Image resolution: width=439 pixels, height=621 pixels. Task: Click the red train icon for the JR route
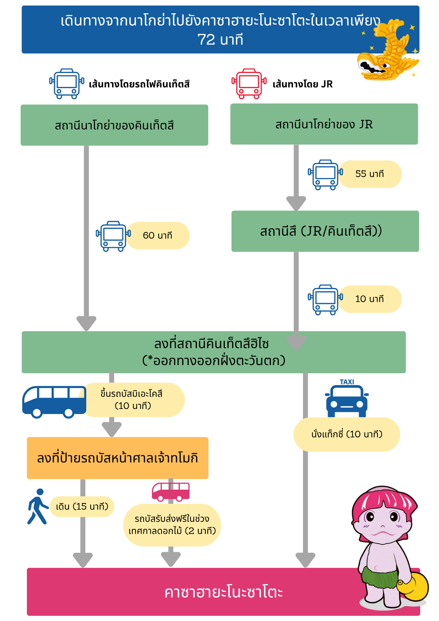pyautogui.click(x=249, y=84)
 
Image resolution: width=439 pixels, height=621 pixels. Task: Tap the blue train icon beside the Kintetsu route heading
pyautogui.click(x=66, y=84)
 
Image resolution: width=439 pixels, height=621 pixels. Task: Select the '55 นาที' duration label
pyautogui.click(x=369, y=174)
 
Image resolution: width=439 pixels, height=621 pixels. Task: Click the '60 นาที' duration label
pyautogui.click(x=157, y=235)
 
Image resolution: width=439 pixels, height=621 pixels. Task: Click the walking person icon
pyautogui.click(x=38, y=506)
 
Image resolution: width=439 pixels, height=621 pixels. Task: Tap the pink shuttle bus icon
pyautogui.click(x=171, y=492)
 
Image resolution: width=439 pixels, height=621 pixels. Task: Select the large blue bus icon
pyautogui.click(x=54, y=402)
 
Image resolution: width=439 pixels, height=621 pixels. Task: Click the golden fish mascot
pyautogui.click(x=388, y=50)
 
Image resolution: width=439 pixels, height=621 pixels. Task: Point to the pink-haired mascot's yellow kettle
pyautogui.click(x=413, y=587)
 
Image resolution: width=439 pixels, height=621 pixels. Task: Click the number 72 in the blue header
pyautogui.click(x=206, y=39)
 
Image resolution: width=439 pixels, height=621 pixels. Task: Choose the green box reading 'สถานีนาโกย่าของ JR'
pyautogui.click(x=324, y=124)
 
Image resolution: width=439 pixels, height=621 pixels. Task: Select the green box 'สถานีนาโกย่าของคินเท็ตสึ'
pyautogui.click(x=114, y=125)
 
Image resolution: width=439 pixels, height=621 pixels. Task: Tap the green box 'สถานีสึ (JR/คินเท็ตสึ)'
pyautogui.click(x=325, y=231)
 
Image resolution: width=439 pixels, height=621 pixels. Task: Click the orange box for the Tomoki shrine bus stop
pyautogui.click(x=118, y=458)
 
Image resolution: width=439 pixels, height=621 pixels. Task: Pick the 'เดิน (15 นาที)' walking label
pyautogui.click(x=82, y=507)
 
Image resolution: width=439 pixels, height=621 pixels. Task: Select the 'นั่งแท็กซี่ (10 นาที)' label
pyautogui.click(x=347, y=434)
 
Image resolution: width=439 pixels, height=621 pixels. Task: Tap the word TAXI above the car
pyautogui.click(x=347, y=382)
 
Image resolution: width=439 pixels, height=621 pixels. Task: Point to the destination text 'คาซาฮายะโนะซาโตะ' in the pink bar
pyautogui.click(x=223, y=593)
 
